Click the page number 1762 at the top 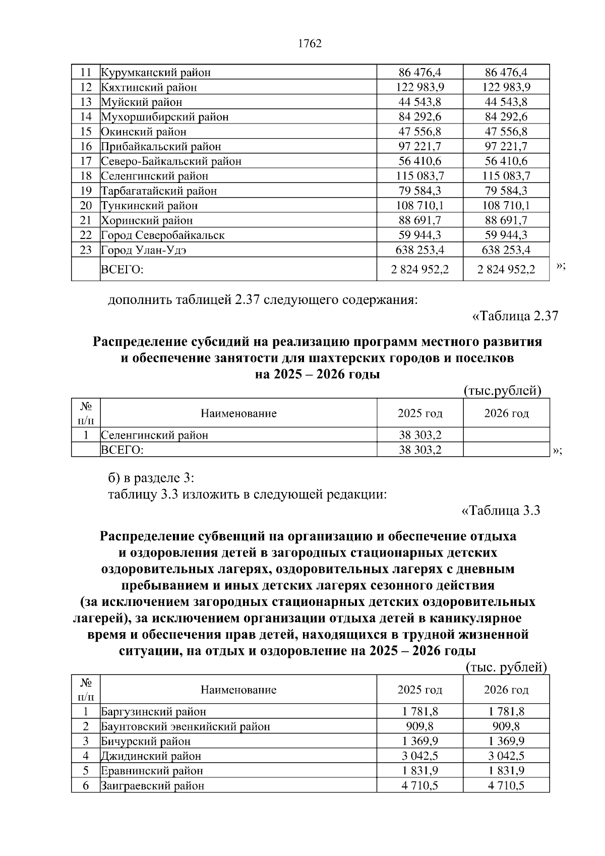click(310, 44)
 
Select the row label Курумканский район click(156, 73)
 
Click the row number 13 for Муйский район click(86, 102)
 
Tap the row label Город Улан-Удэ click(144, 250)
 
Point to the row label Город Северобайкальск click(163, 235)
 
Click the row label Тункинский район click(149, 206)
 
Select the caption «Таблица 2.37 click(514, 316)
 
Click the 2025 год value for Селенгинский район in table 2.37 click(420, 435)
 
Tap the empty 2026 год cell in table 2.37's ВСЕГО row click(506, 450)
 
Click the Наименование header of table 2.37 click(238, 413)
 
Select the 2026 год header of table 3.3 click(506, 690)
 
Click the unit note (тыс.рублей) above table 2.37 click(502, 391)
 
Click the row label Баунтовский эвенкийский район click(186, 726)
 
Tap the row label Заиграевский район click(153, 785)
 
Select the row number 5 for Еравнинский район click(86, 771)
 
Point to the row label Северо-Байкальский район click(171, 161)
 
